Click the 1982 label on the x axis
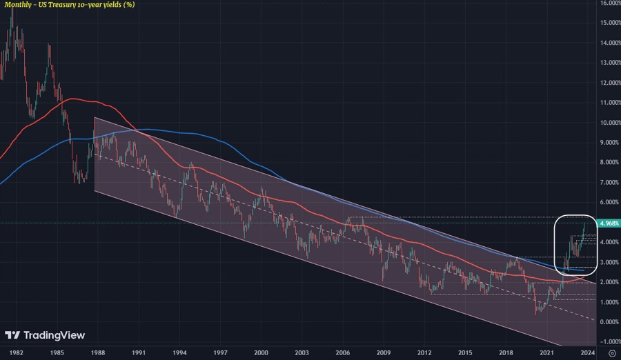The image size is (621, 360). pos(17,352)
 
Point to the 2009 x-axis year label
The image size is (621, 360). pos(384,352)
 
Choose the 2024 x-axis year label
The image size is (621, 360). pos(587,352)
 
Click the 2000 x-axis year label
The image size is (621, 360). pos(261,352)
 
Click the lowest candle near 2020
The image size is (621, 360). pos(537,314)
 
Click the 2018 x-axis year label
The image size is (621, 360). pos(506,352)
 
